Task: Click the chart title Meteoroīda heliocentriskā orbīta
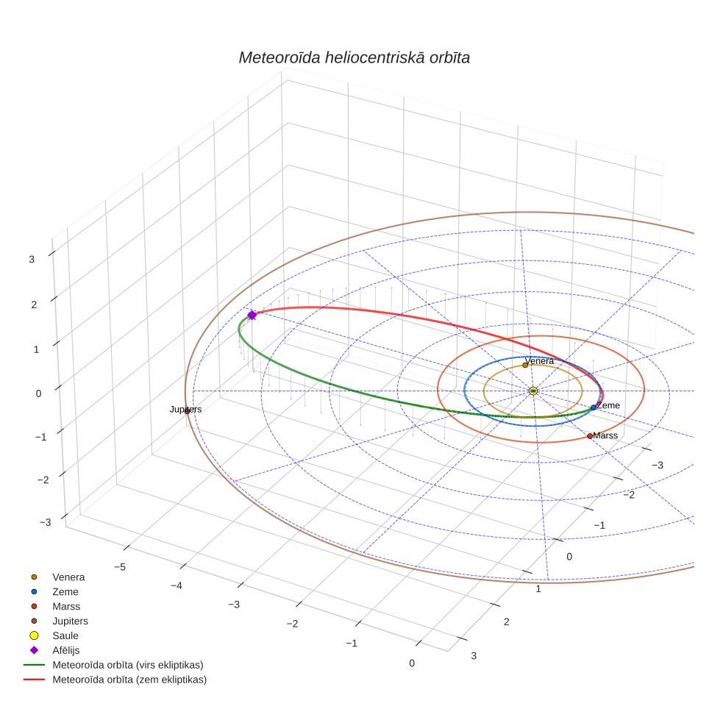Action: click(x=354, y=57)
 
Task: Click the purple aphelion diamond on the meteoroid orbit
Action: click(x=252, y=316)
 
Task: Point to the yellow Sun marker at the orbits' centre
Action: click(x=533, y=391)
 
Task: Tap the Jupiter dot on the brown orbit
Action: click(x=187, y=411)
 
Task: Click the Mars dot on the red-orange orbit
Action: click(x=590, y=436)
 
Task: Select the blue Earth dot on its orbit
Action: click(x=594, y=407)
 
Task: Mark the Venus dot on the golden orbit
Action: click(x=525, y=365)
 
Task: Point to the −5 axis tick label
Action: click(x=120, y=567)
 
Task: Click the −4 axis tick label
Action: click(x=177, y=585)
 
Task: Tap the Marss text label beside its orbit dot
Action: click(x=605, y=435)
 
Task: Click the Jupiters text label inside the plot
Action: click(x=185, y=409)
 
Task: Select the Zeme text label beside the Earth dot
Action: click(x=608, y=405)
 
